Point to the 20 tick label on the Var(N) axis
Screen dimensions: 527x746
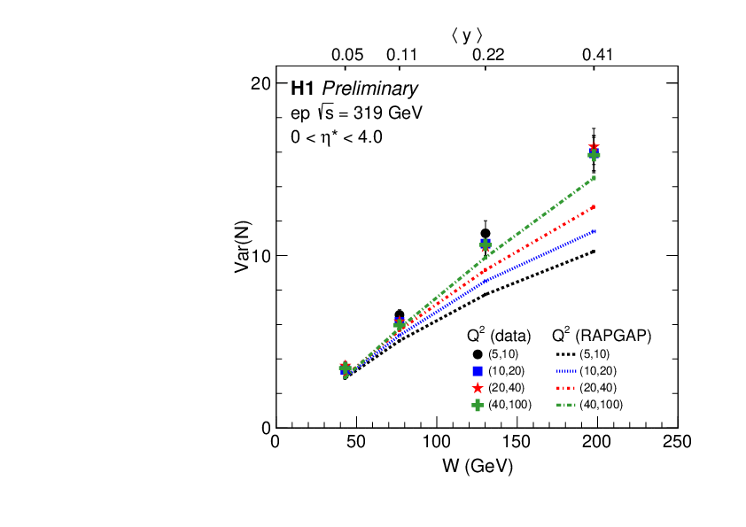point(260,83)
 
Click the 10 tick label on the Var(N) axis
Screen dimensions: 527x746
point(260,255)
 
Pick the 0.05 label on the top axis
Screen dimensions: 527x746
point(347,55)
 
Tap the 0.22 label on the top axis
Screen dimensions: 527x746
point(487,55)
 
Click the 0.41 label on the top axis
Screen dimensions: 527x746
point(598,55)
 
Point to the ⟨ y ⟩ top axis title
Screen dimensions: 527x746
point(467,35)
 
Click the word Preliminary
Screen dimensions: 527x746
point(369,89)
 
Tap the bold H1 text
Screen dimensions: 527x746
point(303,89)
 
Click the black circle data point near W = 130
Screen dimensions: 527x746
point(486,234)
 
